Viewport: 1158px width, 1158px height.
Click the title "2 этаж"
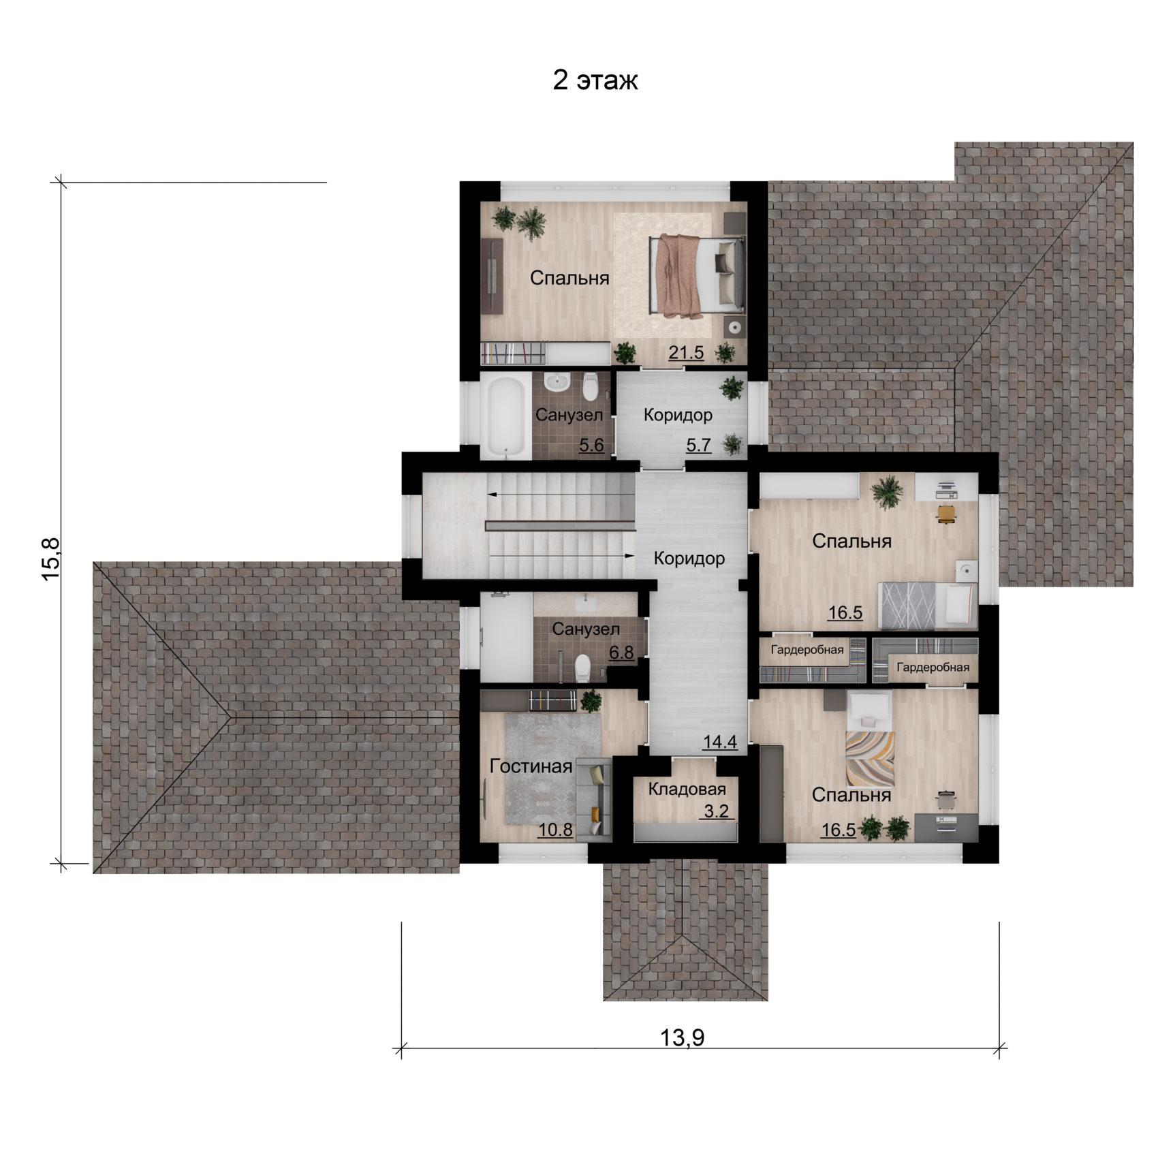(595, 80)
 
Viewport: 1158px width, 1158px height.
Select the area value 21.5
(685, 353)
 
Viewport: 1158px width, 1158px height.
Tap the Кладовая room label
(687, 789)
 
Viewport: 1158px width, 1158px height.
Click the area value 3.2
(716, 811)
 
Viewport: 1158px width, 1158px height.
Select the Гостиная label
(531, 766)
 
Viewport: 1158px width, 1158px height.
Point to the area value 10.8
(555, 830)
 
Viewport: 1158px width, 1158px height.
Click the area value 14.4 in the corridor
(720, 742)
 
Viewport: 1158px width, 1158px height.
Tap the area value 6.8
(621, 653)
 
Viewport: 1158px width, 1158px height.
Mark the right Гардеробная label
(933, 668)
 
